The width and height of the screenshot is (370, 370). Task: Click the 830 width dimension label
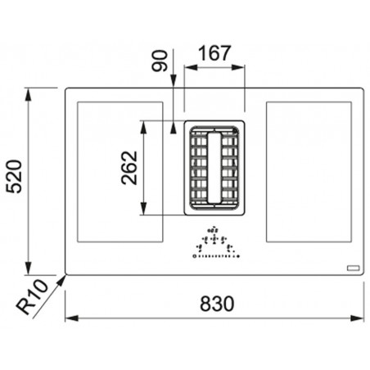pyautogui.click(x=217, y=304)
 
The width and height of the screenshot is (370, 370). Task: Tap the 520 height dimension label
pyautogui.click(x=14, y=177)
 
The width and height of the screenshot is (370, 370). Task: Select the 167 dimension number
pyautogui.click(x=214, y=53)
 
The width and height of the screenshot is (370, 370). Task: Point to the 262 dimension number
pyautogui.click(x=129, y=168)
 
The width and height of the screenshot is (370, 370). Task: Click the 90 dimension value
pyautogui.click(x=160, y=61)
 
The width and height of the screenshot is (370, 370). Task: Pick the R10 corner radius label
pyautogui.click(x=32, y=296)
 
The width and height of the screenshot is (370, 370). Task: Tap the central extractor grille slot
pyautogui.click(x=214, y=168)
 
